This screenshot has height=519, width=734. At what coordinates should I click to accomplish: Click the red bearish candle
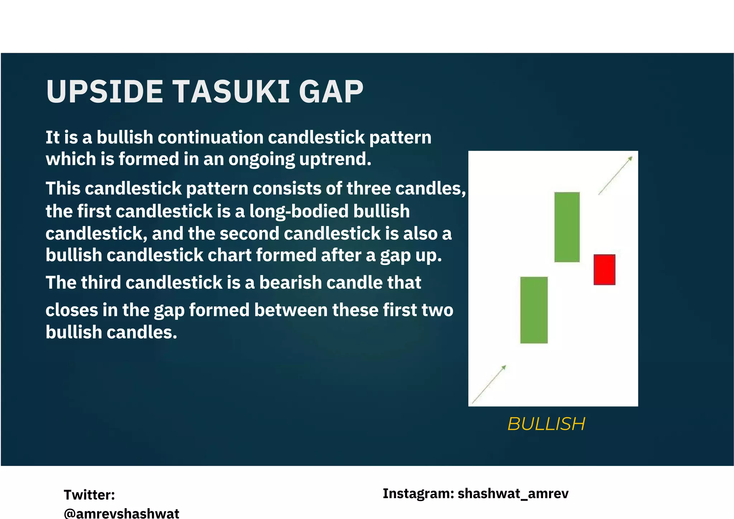tap(604, 270)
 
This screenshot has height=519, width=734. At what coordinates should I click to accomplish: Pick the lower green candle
tap(534, 310)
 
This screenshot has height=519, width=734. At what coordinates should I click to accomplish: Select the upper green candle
tap(567, 227)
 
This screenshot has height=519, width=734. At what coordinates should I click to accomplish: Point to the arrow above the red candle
tap(615, 176)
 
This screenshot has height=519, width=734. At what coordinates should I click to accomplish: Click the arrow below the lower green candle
tap(489, 384)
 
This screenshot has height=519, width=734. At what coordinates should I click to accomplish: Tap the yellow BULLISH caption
tap(546, 424)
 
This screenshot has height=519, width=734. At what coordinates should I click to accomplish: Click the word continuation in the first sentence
tap(211, 137)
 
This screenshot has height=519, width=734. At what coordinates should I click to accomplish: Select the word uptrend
tap(335, 159)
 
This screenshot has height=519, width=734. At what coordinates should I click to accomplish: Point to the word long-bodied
tap(299, 211)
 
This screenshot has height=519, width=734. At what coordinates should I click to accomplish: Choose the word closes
tap(71, 310)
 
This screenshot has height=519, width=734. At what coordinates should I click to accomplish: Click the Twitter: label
tap(89, 495)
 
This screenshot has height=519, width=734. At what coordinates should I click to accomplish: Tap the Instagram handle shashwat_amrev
tap(513, 494)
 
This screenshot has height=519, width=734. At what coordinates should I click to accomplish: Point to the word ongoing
tap(261, 160)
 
